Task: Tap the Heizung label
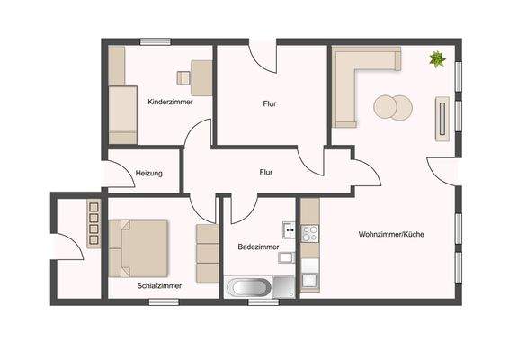click(148, 173)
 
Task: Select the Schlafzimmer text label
click(159, 285)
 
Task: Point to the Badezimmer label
click(258, 246)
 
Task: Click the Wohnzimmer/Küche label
click(391, 234)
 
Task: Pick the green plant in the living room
click(437, 60)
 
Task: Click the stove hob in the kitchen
click(309, 232)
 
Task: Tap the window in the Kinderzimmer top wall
click(155, 41)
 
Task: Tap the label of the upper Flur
click(269, 103)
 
